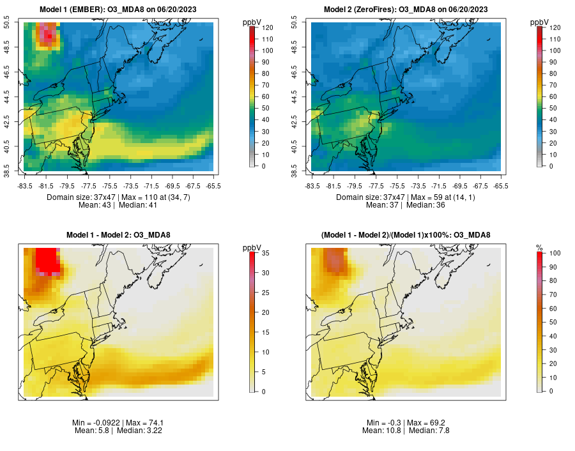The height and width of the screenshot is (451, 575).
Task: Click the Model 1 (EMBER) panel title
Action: pyautogui.click(x=118, y=9)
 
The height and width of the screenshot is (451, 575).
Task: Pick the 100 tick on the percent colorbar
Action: pyautogui.click(x=555, y=253)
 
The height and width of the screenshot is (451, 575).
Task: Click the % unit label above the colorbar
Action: pyautogui.click(x=540, y=247)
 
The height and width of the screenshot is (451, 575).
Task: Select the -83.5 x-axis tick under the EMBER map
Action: pyautogui.click(x=26, y=186)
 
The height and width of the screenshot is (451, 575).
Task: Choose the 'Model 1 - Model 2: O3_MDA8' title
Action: pyautogui.click(x=118, y=235)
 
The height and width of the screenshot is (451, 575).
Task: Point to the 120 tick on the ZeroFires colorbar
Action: pyautogui.click(x=554, y=27)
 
